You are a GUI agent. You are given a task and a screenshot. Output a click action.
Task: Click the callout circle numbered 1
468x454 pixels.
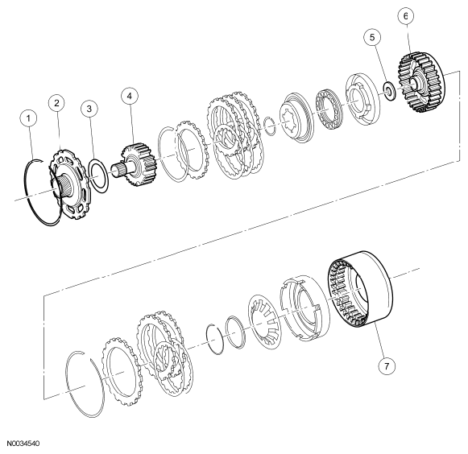[28, 118]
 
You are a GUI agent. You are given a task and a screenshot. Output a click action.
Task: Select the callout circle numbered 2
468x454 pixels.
[57, 103]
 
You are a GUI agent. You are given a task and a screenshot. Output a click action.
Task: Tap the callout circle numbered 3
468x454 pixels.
[89, 109]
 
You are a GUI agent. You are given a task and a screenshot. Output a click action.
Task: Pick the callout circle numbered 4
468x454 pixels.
[130, 96]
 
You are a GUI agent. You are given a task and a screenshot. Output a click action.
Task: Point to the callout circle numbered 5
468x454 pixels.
[372, 37]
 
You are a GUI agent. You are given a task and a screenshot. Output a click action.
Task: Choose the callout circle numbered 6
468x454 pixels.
[406, 16]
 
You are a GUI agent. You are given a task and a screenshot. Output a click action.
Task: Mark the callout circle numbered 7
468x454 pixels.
[387, 365]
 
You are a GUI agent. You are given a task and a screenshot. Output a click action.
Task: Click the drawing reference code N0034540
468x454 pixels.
[23, 444]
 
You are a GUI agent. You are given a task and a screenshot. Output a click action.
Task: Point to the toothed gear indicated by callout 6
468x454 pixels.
[421, 83]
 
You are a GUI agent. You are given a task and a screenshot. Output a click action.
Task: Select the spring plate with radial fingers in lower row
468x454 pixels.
[265, 321]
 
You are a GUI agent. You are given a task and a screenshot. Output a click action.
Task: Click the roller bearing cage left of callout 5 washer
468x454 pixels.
[329, 109]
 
